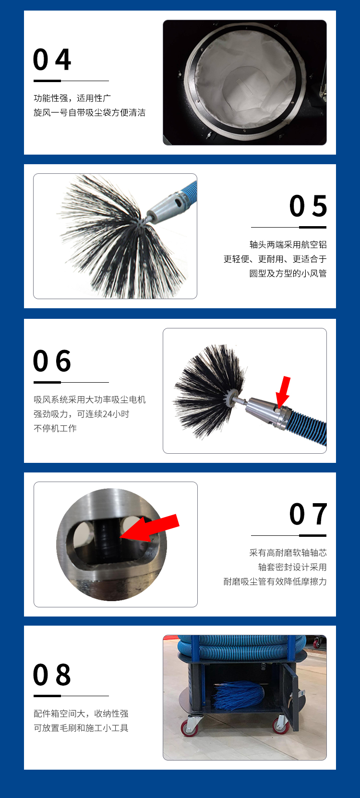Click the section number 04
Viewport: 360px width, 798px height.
(52, 60)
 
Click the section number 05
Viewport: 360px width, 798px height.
(308, 206)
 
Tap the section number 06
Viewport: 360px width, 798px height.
(52, 361)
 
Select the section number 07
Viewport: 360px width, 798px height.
(308, 514)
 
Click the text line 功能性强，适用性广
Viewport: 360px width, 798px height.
(72, 98)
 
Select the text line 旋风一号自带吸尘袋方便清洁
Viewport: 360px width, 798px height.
(89, 113)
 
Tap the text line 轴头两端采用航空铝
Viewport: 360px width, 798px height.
(288, 245)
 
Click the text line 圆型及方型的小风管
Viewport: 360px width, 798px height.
(288, 274)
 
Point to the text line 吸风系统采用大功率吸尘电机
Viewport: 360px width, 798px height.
(89, 399)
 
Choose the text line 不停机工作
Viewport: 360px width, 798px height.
(55, 428)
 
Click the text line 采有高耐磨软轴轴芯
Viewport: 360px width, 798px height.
(288, 553)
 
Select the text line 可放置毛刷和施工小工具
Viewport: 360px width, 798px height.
(81, 728)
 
